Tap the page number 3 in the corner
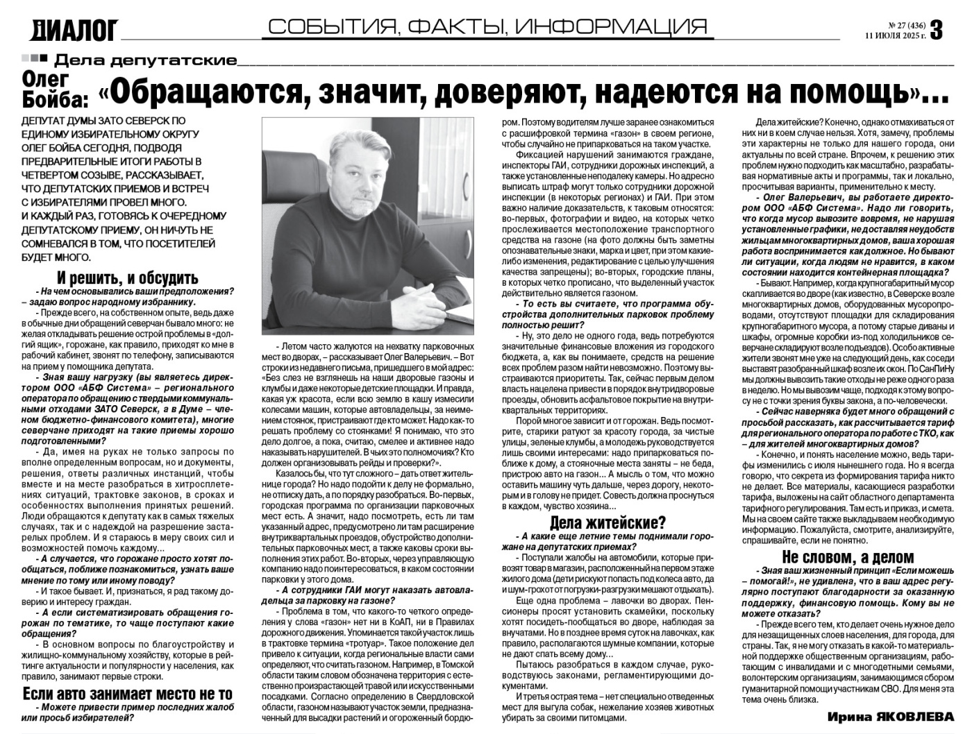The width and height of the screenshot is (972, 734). (937, 30)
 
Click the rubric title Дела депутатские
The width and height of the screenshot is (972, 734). (145, 60)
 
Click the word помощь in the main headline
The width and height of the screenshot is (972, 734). (844, 92)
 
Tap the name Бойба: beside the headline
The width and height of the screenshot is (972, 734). (56, 99)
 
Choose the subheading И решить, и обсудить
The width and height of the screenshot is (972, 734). (128, 278)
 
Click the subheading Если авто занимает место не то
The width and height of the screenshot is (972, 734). (128, 694)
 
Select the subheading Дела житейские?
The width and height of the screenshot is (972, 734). (607, 522)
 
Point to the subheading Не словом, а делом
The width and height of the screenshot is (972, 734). (848, 557)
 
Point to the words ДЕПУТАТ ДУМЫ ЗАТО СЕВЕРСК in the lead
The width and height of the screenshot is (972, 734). (103, 121)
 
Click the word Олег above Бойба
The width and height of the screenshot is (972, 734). (45, 79)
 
